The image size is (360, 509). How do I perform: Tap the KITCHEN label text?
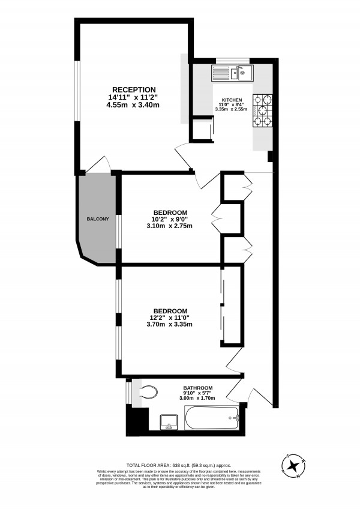click(x=232, y=100)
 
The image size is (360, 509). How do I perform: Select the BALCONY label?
click(x=97, y=219)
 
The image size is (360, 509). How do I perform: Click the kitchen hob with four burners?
click(x=262, y=111)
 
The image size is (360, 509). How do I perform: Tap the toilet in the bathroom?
click(x=147, y=393)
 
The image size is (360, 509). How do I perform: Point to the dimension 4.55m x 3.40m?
click(x=133, y=105)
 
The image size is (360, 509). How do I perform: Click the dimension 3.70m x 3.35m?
click(x=170, y=325)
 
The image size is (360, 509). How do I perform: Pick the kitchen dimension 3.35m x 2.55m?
click(x=232, y=109)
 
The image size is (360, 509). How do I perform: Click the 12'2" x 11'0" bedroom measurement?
click(x=170, y=317)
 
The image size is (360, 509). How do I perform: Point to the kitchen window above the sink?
click(x=233, y=59)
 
